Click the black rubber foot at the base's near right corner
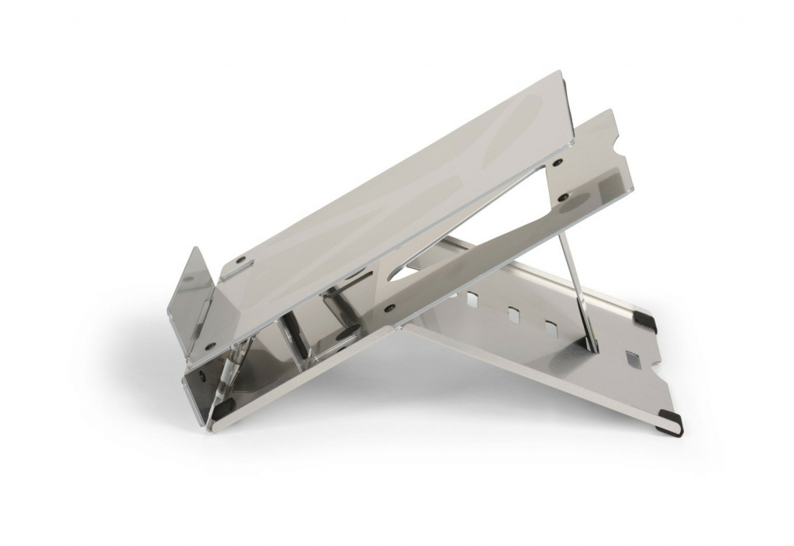[671, 422]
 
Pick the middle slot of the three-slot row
[513, 314]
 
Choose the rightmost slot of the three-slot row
[551, 328]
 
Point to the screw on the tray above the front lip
[240, 259]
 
